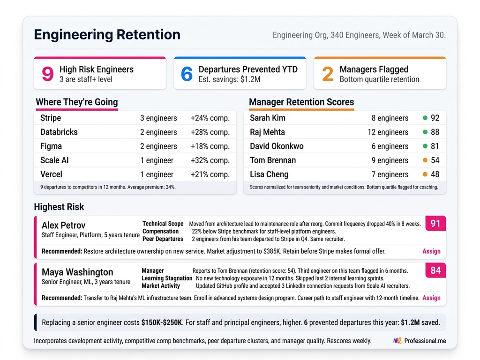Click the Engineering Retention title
[107, 35]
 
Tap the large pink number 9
[48, 74]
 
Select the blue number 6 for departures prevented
[187, 74]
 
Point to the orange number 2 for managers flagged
[328, 74]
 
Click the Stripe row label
[51, 118]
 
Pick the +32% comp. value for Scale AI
[210, 160]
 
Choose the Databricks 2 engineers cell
[158, 132]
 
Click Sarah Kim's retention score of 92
[435, 118]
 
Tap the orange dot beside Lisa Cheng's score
[425, 174]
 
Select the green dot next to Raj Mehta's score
[425, 132]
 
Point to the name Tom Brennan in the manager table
[273, 160]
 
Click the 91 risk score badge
[435, 224]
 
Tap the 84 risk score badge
[435, 270]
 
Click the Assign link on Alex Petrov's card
[431, 251]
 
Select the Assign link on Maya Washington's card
[431, 298]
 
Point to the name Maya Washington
[77, 272]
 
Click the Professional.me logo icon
[397, 341]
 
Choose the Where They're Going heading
[77, 102]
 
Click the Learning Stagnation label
[167, 278]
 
